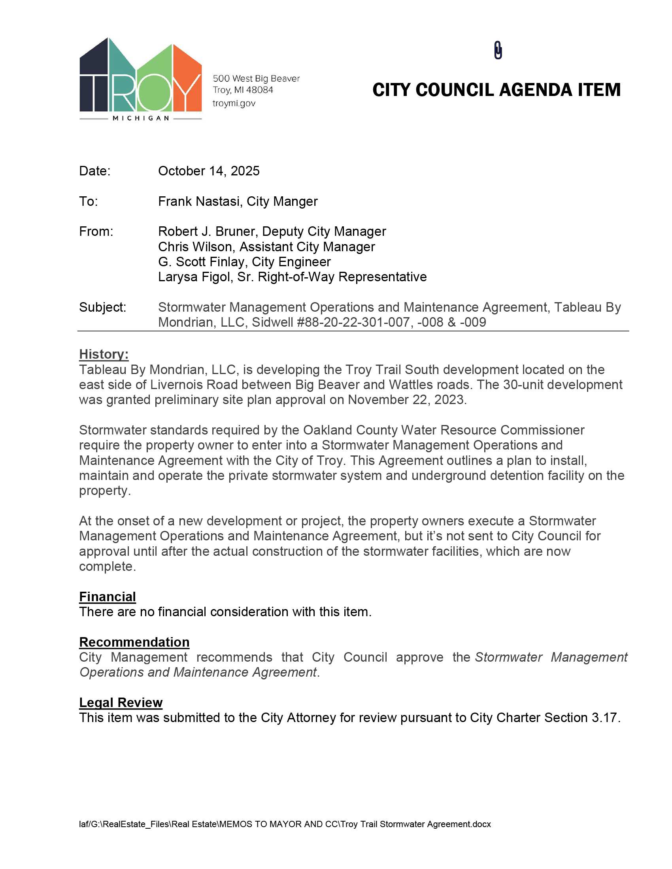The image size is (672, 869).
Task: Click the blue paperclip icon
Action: (x=498, y=50)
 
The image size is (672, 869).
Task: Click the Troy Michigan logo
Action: (x=141, y=79)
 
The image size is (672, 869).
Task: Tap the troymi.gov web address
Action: (x=234, y=103)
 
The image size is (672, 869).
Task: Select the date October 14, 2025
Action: (x=209, y=171)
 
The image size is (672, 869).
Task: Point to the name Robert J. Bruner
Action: (x=207, y=231)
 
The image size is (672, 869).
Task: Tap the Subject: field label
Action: (x=102, y=307)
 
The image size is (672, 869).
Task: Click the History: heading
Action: (x=104, y=354)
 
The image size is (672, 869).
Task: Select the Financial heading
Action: (x=108, y=597)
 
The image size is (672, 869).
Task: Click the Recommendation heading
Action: (x=134, y=642)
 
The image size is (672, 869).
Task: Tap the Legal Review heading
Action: (x=121, y=703)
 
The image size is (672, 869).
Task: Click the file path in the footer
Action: (x=285, y=824)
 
